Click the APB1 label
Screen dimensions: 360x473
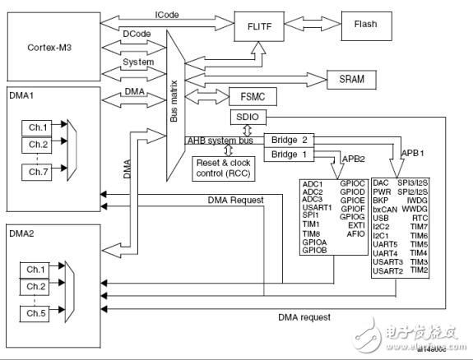(414, 153)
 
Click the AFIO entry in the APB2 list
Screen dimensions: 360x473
(355, 233)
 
